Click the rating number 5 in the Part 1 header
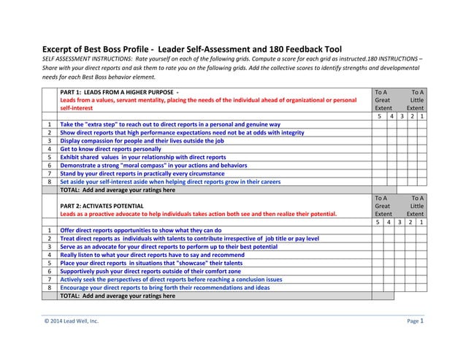[x=379, y=116]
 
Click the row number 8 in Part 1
[x=48, y=181]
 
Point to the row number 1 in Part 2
[x=48, y=230]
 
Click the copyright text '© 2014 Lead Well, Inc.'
[x=70, y=321]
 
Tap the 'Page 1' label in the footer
[x=415, y=321]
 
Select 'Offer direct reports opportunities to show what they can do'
[x=140, y=230]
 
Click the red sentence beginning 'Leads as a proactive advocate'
[x=198, y=214]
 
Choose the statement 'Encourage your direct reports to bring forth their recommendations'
[x=164, y=287]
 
